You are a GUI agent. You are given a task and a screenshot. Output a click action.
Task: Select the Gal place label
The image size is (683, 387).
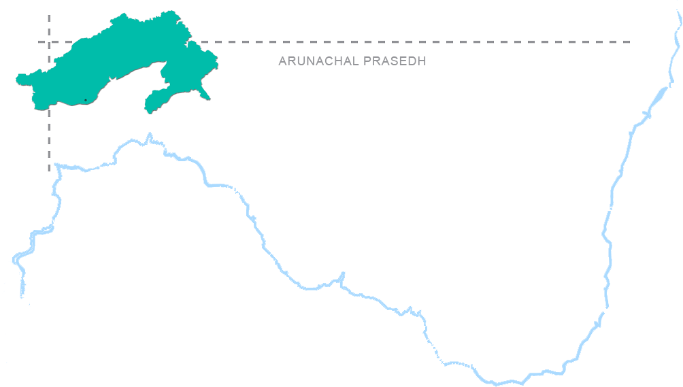click(586, 326)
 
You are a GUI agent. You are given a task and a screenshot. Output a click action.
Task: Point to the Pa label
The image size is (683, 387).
click(250, 199)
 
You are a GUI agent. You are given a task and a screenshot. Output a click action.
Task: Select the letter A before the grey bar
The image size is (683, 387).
click(282, 61)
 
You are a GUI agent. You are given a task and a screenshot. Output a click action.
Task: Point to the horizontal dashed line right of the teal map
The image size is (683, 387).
click(422, 42)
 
